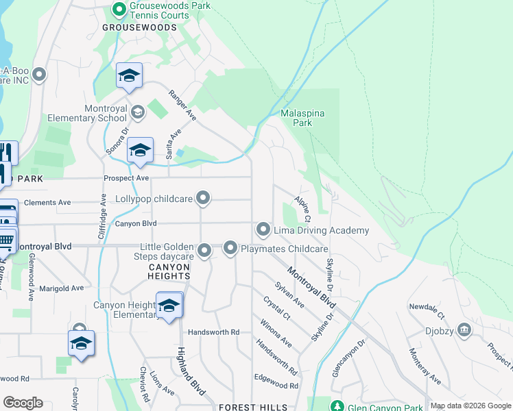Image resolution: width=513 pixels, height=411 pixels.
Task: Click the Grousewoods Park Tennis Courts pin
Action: click(119, 10)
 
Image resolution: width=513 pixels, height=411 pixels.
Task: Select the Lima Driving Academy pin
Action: click(263, 229)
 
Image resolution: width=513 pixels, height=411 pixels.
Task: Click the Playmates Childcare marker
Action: click(230, 248)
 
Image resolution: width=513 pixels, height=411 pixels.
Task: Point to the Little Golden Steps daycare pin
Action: click(204, 252)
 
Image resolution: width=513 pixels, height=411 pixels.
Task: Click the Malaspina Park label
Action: click(302, 118)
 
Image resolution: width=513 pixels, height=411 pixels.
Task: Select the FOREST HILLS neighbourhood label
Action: click(254, 408)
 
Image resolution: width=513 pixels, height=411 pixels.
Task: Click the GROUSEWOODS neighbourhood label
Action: click(139, 27)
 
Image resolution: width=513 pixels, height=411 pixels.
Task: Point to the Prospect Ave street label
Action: click(126, 178)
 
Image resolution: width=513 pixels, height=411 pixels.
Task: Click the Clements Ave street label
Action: click(47, 203)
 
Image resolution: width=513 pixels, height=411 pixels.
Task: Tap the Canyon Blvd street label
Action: click(136, 224)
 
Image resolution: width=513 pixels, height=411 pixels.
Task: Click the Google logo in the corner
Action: click(23, 403)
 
